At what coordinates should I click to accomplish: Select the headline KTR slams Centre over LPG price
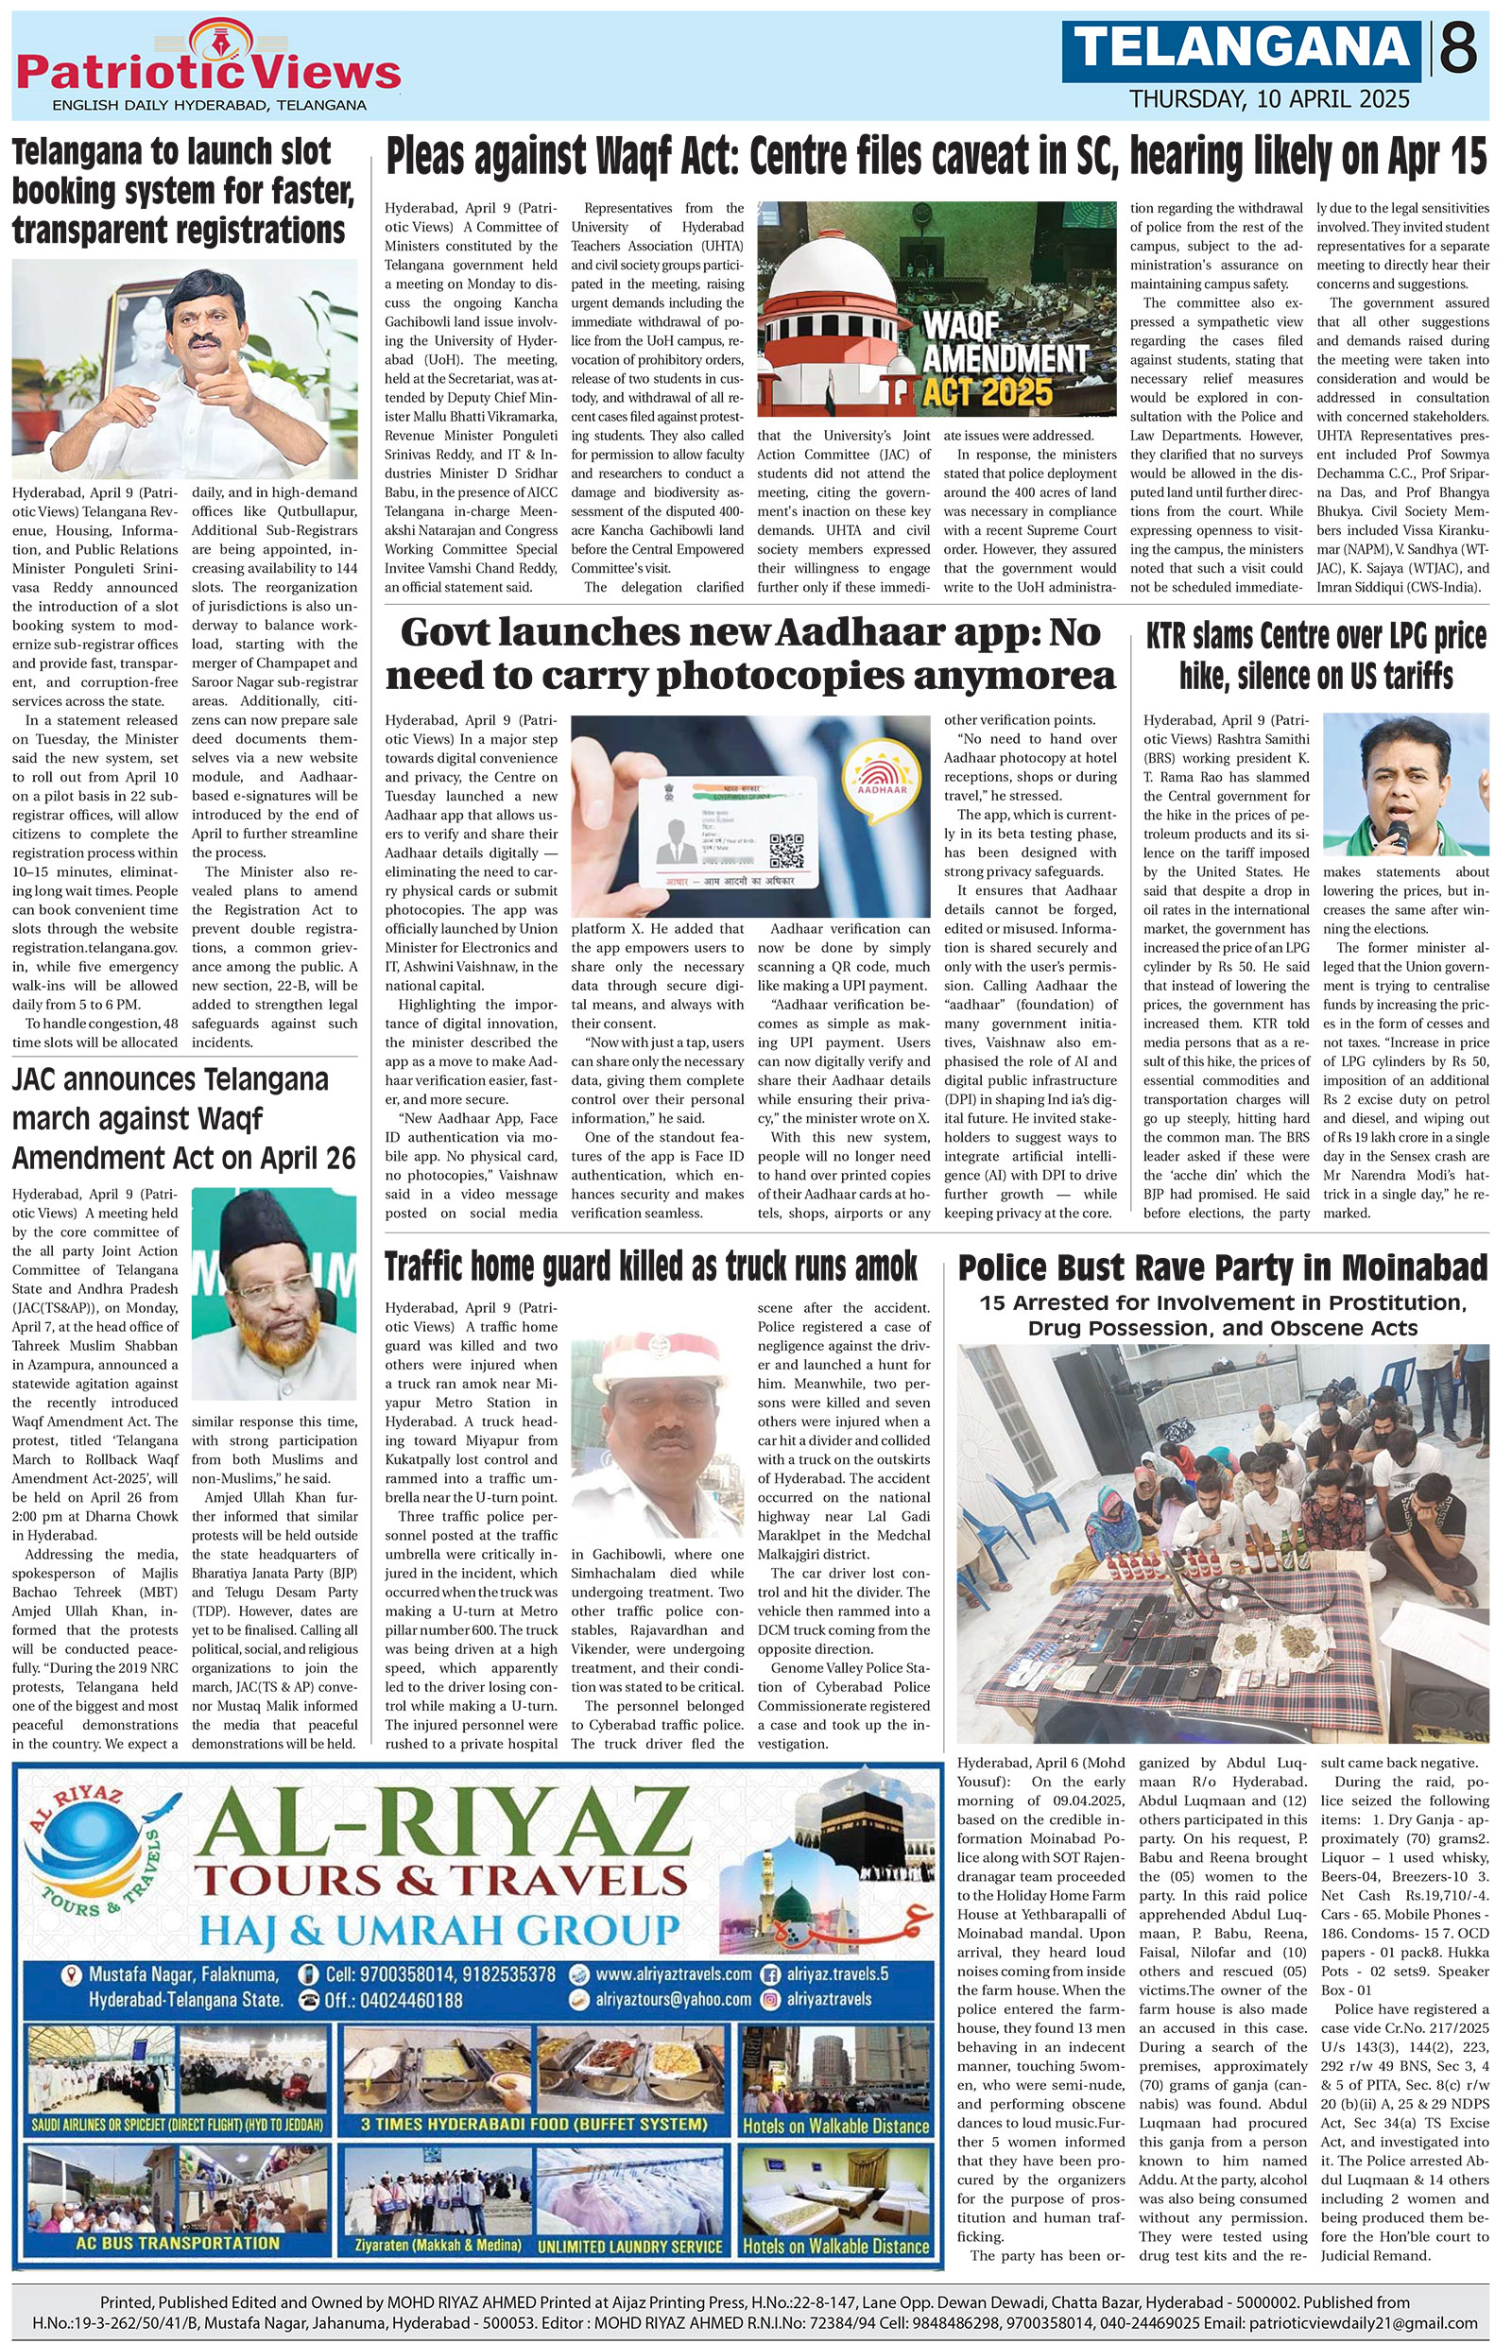coord(1315,655)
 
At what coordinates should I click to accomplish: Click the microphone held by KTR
coord(1397,836)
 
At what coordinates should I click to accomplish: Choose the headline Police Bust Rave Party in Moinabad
coord(1223,1267)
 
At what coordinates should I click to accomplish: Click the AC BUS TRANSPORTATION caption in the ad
coord(177,2243)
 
